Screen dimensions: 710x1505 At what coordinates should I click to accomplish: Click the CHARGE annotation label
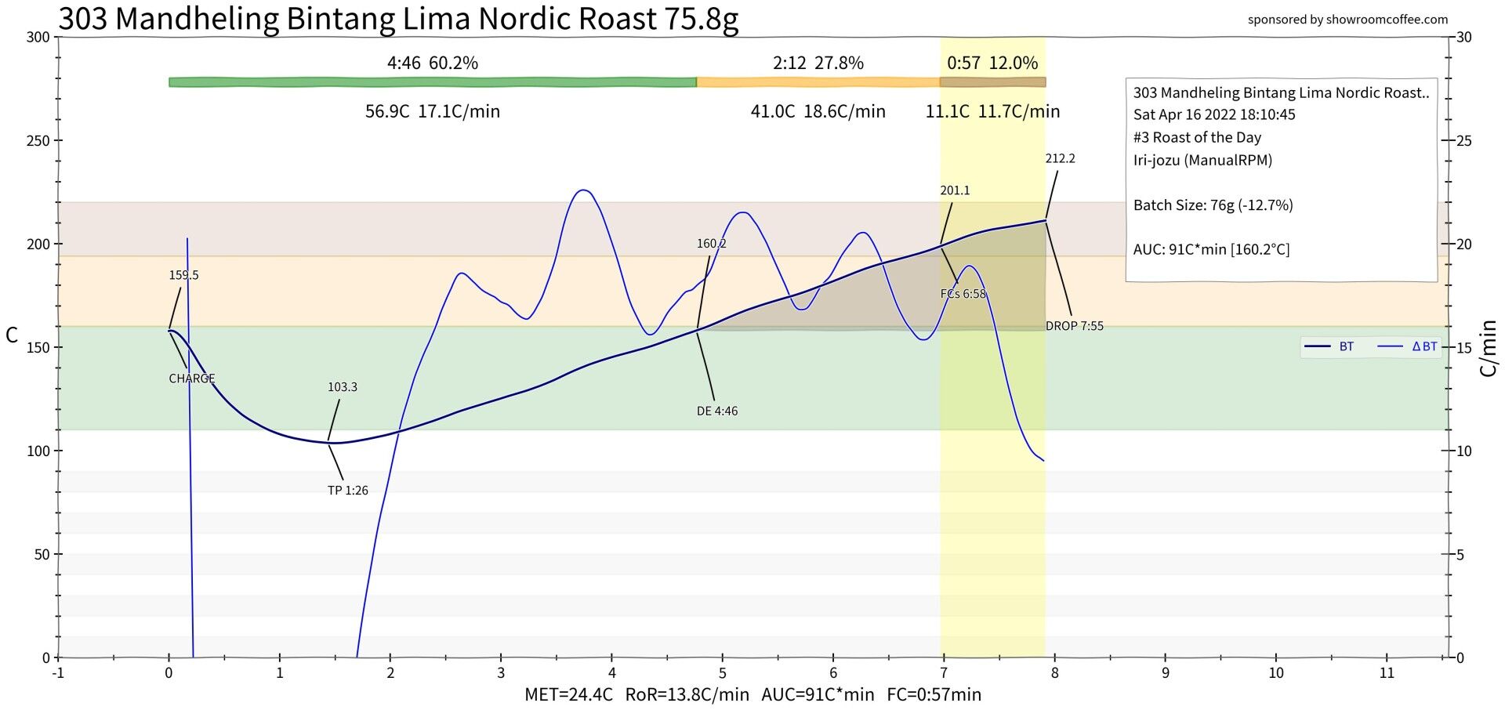[191, 379]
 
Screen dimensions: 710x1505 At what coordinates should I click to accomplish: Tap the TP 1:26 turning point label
[347, 491]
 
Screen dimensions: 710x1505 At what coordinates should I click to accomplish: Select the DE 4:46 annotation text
[716, 411]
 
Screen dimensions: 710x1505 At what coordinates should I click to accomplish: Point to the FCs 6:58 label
[963, 294]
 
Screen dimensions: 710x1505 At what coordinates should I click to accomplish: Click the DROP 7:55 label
[1074, 326]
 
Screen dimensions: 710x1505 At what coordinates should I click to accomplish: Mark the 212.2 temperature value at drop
[1060, 158]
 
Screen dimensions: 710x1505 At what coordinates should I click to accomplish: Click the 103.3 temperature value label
[342, 387]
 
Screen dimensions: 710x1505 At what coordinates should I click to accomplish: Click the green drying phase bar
[433, 82]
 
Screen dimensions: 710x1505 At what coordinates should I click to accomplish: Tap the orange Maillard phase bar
[818, 82]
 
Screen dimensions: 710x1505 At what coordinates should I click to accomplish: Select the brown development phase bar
[992, 82]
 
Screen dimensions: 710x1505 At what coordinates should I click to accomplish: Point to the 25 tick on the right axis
[1463, 141]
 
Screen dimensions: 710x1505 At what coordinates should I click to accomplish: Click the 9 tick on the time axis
[1166, 672]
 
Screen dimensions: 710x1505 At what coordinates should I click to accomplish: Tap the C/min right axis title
[1489, 348]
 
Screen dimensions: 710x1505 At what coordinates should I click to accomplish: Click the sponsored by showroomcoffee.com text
[1347, 20]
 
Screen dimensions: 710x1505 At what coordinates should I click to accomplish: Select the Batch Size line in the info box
[1213, 205]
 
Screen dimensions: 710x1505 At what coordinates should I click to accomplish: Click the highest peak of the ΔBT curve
[582, 190]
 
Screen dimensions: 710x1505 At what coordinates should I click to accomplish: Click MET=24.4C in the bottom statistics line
[568, 694]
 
